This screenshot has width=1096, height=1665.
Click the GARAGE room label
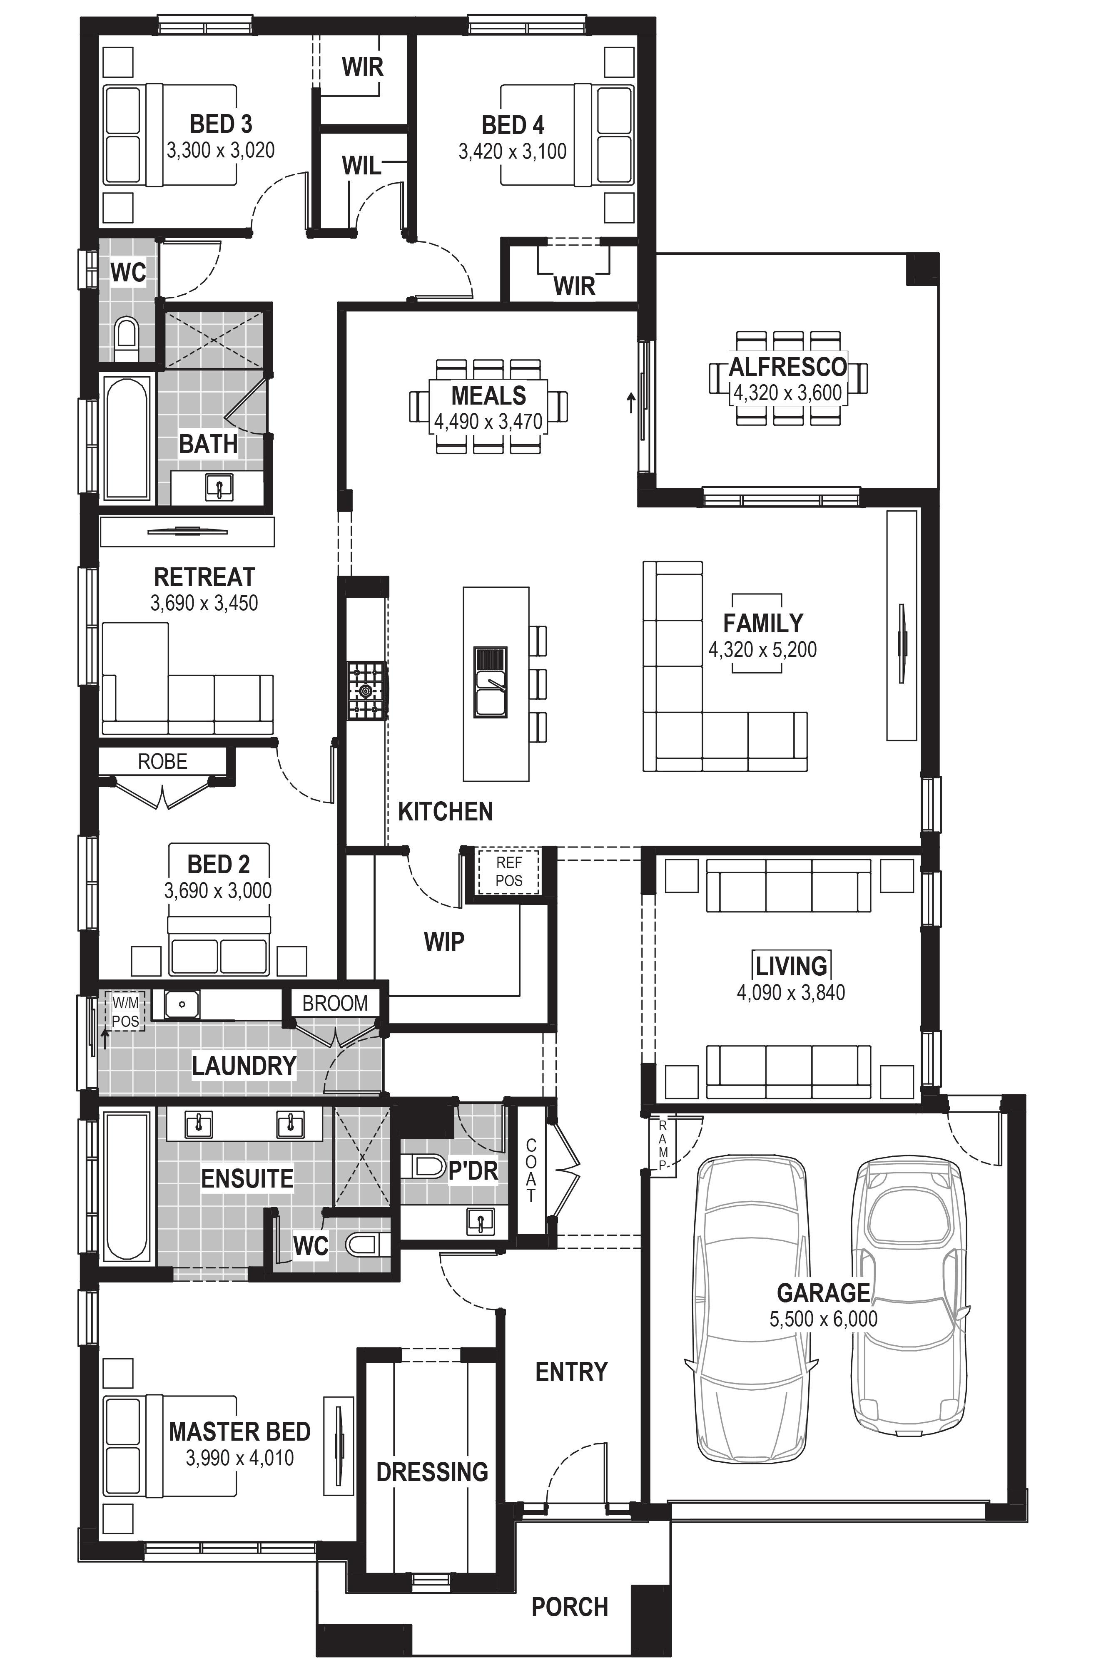point(823,1292)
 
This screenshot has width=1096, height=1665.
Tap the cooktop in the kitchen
point(367,691)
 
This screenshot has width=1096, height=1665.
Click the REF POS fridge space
point(509,872)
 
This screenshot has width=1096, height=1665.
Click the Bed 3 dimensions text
point(220,150)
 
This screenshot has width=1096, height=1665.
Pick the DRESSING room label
point(432,1472)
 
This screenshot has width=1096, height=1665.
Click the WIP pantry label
point(444,942)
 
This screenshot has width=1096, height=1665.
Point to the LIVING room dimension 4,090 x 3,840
point(791,992)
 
